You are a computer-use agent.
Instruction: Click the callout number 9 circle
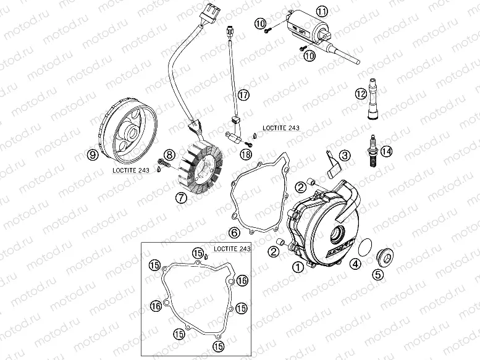[x=92, y=156]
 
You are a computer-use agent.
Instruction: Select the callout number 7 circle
[x=180, y=198]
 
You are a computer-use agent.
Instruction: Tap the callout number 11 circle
[x=322, y=11]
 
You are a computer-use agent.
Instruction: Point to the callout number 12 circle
[x=361, y=94]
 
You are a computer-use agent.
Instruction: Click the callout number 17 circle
[x=243, y=94]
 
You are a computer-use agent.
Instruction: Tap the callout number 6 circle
[x=234, y=233]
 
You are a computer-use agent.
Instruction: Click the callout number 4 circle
[x=356, y=264]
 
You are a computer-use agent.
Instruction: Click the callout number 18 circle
[x=246, y=154]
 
